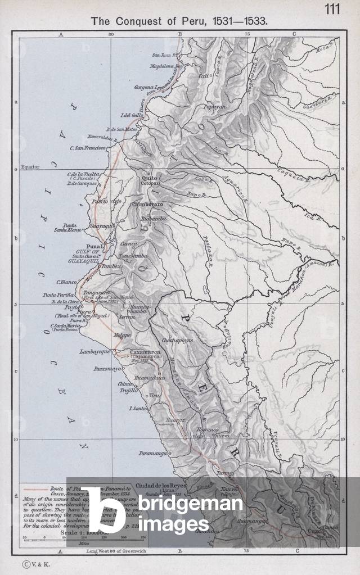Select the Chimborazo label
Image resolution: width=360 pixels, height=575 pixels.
tap(147, 205)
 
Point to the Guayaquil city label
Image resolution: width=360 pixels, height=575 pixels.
tap(102, 225)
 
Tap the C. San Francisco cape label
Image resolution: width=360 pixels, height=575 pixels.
tap(88, 148)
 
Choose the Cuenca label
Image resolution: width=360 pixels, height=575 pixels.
tap(129, 244)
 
